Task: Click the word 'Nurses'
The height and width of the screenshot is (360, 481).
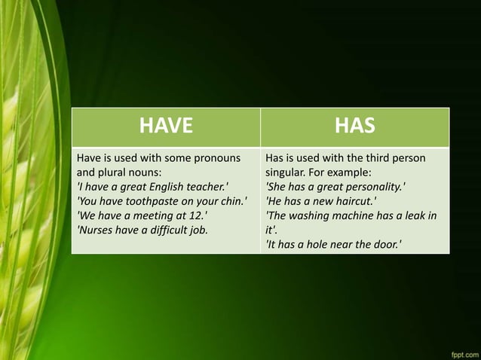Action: [97, 229]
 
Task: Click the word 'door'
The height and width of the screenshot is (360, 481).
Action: [384, 243]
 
